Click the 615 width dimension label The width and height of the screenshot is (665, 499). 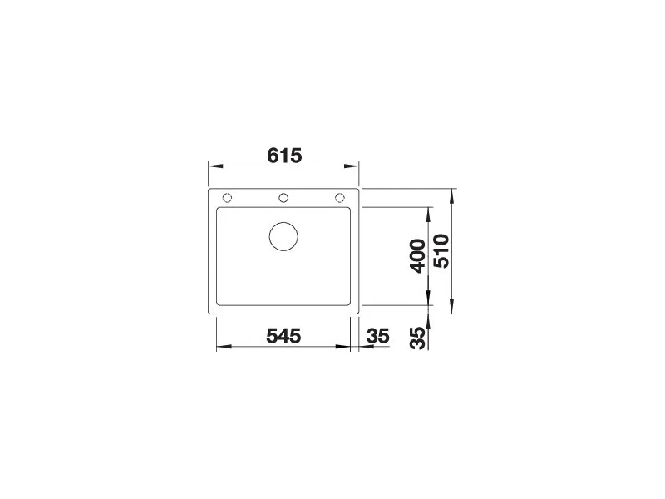coord(284,156)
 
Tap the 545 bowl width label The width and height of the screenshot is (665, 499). coord(283,336)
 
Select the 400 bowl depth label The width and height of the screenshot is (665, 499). coord(418,255)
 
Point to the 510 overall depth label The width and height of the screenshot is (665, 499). coord(441,251)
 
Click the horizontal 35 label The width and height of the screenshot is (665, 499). coord(378,336)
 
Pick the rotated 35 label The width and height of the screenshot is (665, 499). coord(418,338)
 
